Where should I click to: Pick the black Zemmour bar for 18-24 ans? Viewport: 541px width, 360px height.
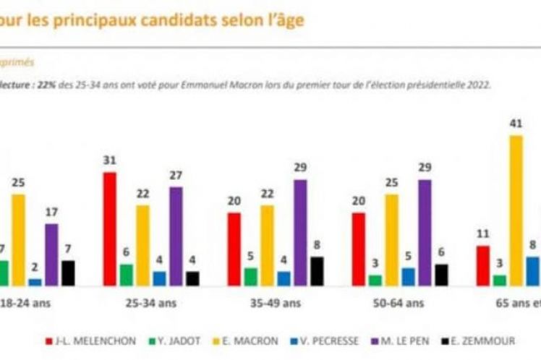click(x=68, y=273)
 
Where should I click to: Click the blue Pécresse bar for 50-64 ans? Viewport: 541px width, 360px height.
click(x=408, y=276)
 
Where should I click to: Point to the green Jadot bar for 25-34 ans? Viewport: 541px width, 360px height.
click(x=127, y=274)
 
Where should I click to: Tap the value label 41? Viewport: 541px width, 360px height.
click(x=516, y=124)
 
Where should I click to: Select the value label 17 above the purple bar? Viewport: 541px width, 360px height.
click(x=51, y=213)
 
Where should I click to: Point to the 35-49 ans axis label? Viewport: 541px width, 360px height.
click(x=276, y=304)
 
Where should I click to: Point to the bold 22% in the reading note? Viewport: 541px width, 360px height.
click(x=46, y=84)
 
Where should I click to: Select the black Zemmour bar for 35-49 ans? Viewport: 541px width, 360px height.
click(x=317, y=270)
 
